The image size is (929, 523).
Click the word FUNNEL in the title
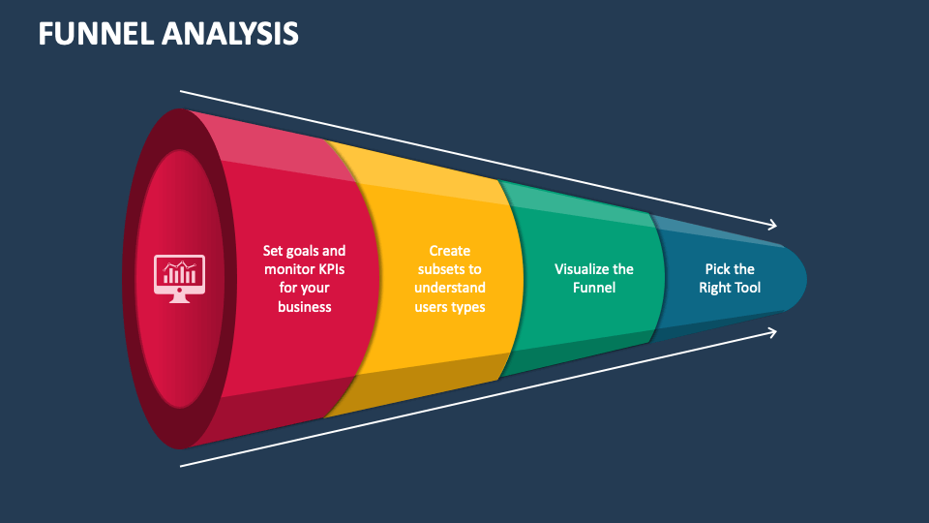point(96,33)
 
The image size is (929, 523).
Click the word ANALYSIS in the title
point(230,33)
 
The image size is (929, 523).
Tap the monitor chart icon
point(180,279)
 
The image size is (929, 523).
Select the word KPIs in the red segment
point(331,269)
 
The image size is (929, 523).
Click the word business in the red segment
point(305,307)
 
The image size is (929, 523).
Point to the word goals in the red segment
point(303,252)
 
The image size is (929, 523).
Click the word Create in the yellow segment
point(450,251)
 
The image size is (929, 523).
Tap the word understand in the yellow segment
point(450,288)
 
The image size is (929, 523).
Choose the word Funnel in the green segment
point(594,288)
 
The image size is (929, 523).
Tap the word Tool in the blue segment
point(747,288)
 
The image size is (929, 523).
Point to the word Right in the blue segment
point(714,289)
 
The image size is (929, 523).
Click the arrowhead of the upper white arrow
point(774,225)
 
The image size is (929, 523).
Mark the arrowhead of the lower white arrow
point(774,332)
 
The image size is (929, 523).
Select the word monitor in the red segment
point(288,269)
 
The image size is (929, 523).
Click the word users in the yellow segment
point(432,307)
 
